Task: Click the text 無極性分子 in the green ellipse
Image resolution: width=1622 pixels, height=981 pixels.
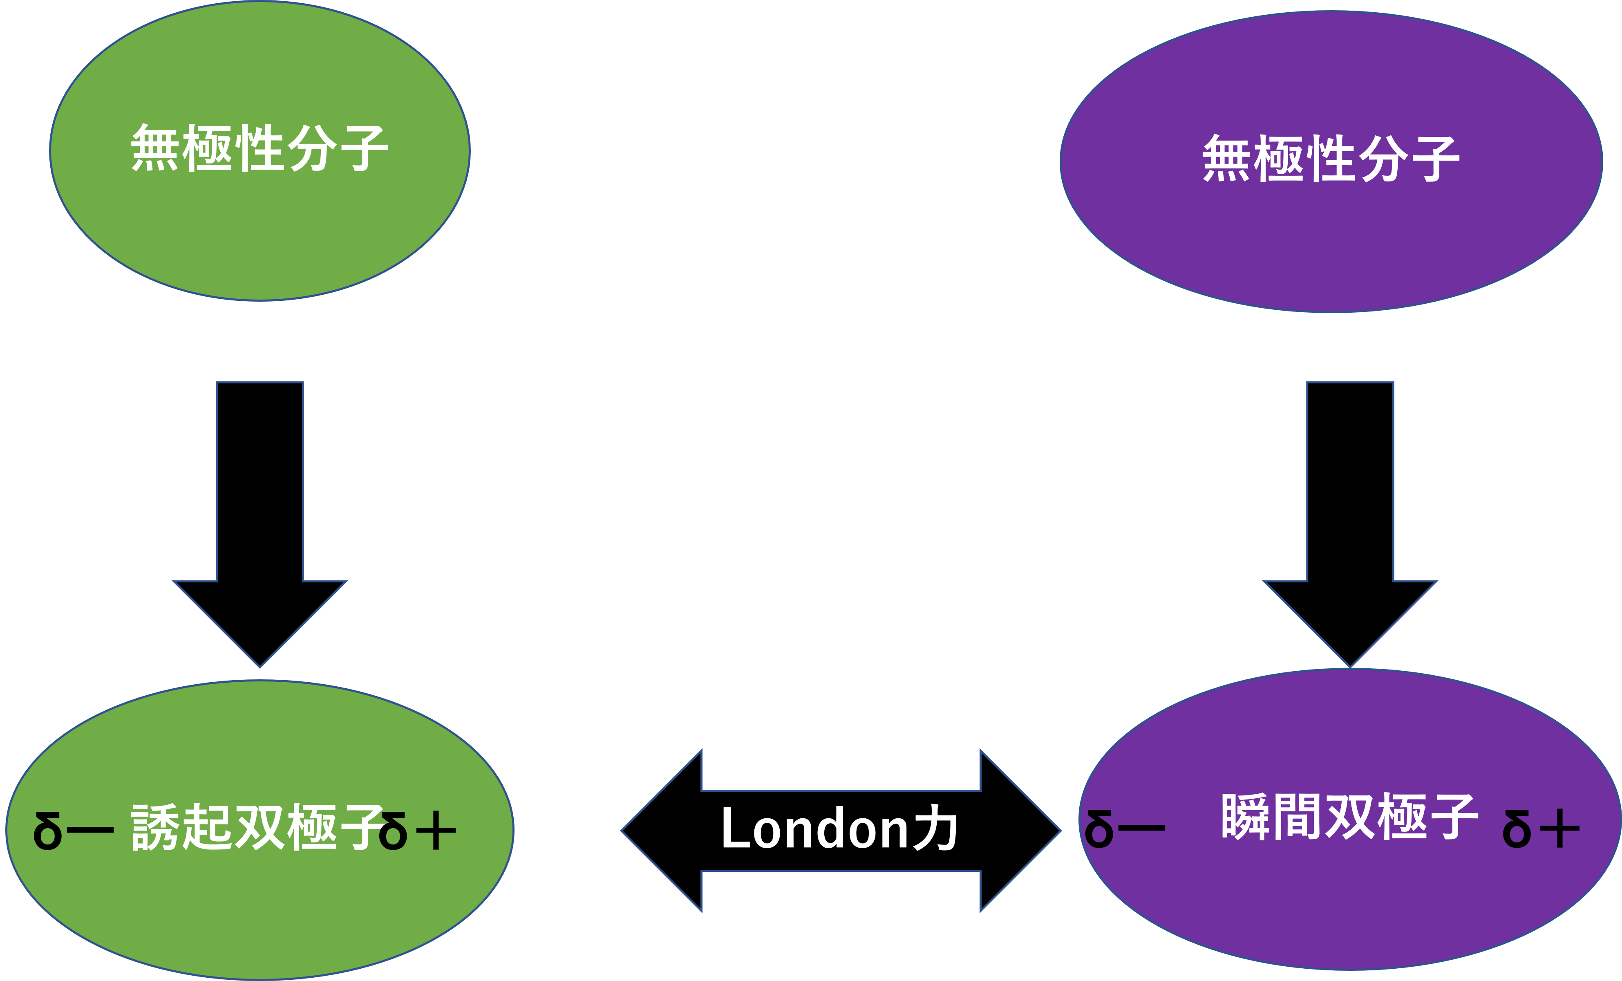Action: click(260, 149)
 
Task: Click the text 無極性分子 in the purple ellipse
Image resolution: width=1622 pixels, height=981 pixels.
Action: click(1331, 159)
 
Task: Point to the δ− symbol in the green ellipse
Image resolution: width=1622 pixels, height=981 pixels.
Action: click(72, 831)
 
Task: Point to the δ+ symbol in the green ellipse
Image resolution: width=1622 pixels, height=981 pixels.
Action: click(418, 831)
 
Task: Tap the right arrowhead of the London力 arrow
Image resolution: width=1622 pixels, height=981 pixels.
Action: click(1020, 831)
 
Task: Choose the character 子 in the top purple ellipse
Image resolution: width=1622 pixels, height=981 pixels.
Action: click(1435, 159)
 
